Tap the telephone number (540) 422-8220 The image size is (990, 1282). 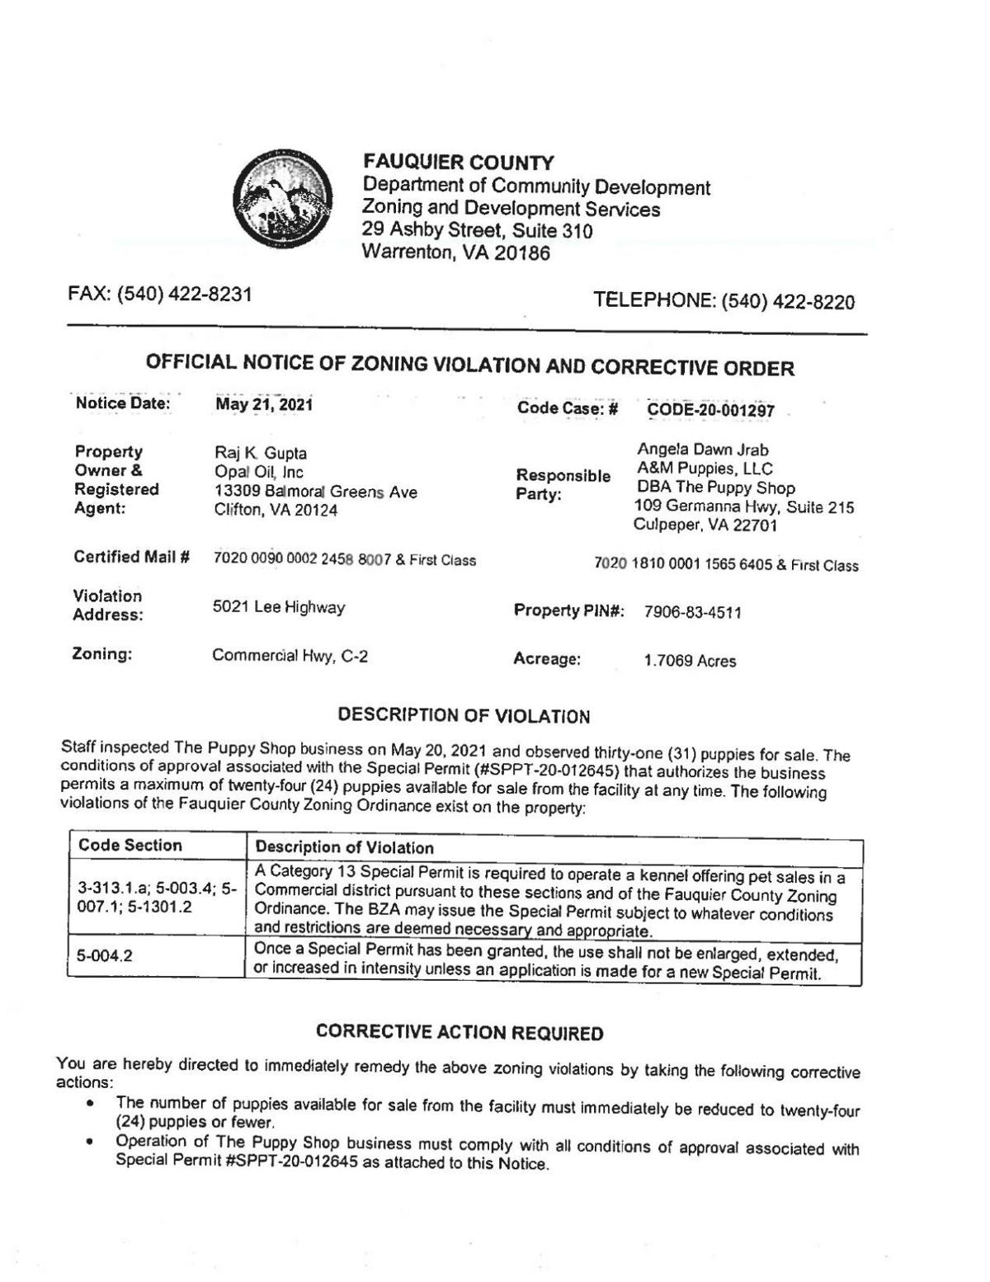(x=788, y=302)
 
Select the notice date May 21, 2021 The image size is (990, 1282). (x=264, y=405)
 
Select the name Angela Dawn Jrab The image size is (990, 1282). (x=703, y=450)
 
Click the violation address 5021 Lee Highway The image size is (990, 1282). (x=279, y=607)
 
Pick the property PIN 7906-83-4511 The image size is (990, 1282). (x=692, y=612)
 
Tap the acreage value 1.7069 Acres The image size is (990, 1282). (x=690, y=661)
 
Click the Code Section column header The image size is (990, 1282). (x=130, y=846)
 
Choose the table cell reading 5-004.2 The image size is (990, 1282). (x=105, y=957)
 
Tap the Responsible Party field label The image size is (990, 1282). (x=563, y=485)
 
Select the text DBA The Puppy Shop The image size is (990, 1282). (x=716, y=488)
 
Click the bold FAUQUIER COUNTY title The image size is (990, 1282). (x=459, y=163)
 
